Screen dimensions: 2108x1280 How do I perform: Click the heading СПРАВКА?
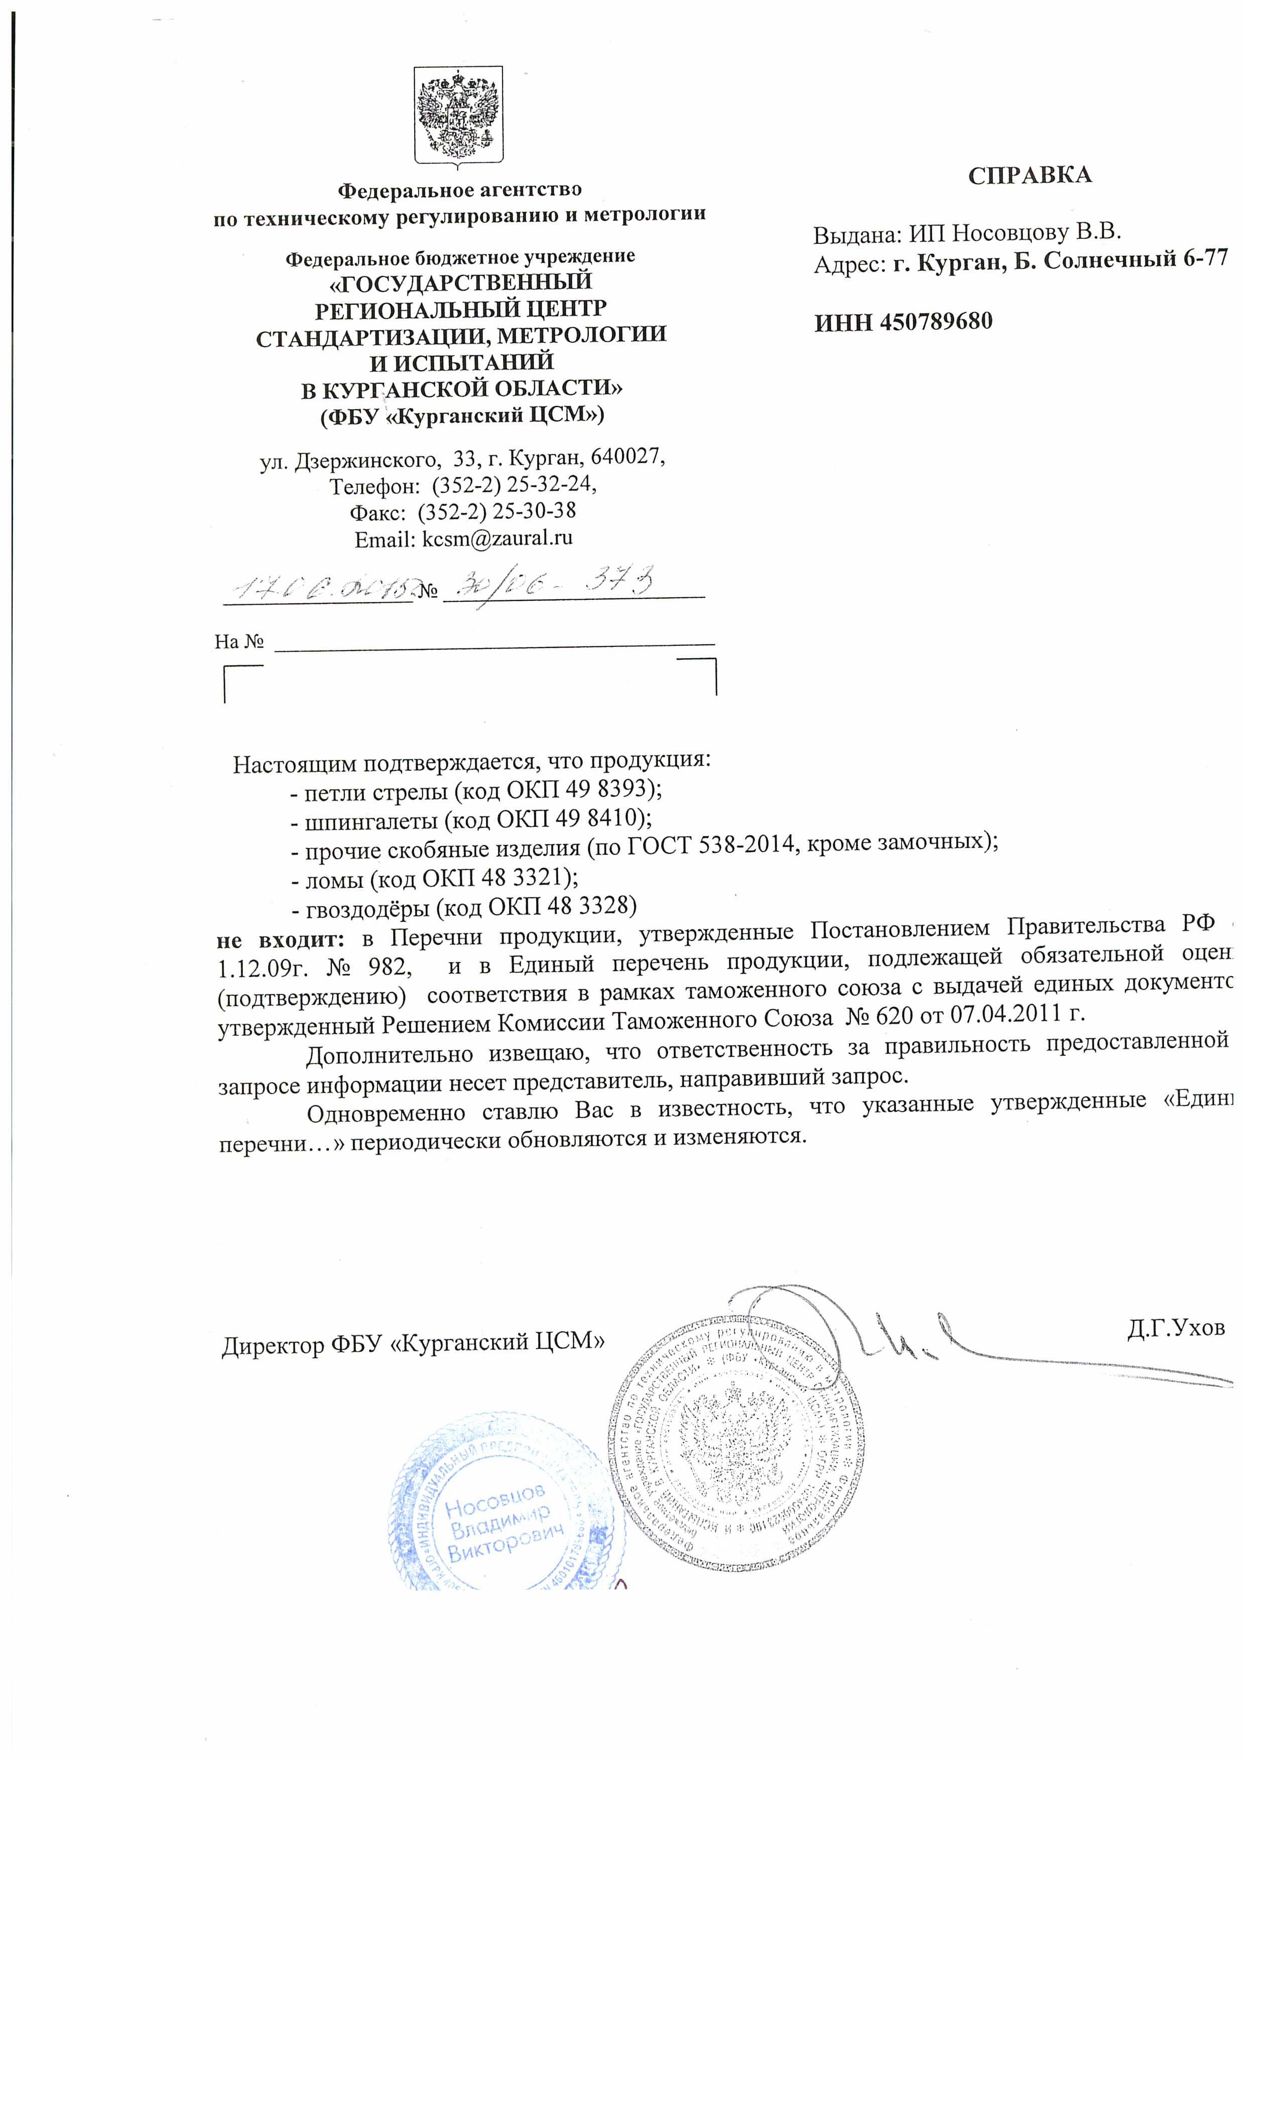(1030, 175)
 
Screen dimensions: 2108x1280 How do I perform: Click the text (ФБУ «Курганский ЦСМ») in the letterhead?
(461, 417)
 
